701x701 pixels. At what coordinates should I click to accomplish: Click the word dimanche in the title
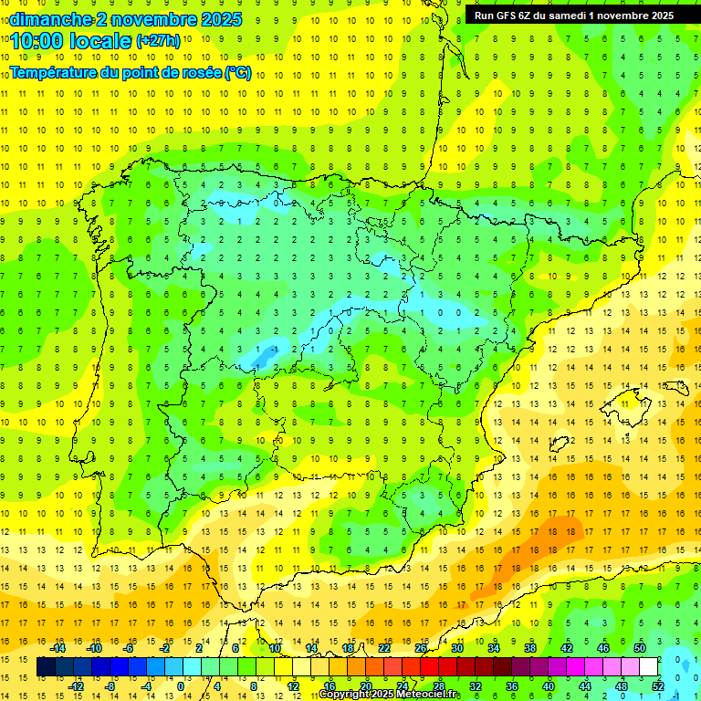tap(43, 18)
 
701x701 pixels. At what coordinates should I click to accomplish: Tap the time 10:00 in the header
tap(37, 40)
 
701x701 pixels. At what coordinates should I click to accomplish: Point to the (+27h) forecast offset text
tap(158, 41)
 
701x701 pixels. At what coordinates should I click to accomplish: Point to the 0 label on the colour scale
tap(182, 686)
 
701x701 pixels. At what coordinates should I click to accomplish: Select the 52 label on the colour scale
tap(657, 686)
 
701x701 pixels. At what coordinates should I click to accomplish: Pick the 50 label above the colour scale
tap(639, 648)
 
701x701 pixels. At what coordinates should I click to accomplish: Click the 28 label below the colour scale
tap(439, 686)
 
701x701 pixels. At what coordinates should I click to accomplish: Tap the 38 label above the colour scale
tap(529, 648)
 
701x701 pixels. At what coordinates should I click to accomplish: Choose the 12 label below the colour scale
tap(292, 686)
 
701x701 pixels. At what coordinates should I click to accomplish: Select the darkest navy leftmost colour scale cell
tap(46, 667)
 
